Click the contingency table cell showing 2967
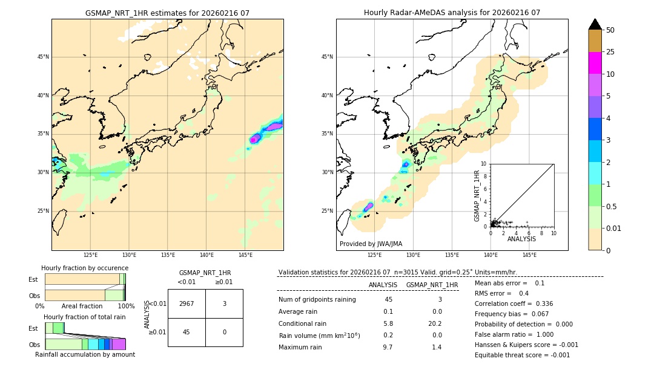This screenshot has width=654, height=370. pos(187,303)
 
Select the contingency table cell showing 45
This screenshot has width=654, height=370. pos(187,332)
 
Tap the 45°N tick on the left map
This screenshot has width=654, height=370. pos(43,57)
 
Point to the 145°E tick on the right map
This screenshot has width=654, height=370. pos(529,255)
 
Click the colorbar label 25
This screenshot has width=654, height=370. pos(610,52)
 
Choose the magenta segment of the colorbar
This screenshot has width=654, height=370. pos(595,63)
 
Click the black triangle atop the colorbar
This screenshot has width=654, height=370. pos(595,24)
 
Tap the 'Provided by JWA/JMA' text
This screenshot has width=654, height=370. pos(371,244)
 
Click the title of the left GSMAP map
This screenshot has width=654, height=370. pos(167,13)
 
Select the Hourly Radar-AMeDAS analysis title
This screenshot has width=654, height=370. pos(452,13)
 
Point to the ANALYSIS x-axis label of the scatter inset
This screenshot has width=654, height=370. pos(521,239)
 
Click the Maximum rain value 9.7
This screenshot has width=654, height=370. pos(388,347)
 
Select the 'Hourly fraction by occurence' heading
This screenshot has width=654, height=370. pos(85,268)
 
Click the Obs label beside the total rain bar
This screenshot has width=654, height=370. pos(34,344)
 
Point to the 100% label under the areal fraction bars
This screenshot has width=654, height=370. pos(126,307)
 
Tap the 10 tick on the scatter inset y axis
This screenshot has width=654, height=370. pos(484,163)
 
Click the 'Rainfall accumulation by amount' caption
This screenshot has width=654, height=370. pos(85,355)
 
